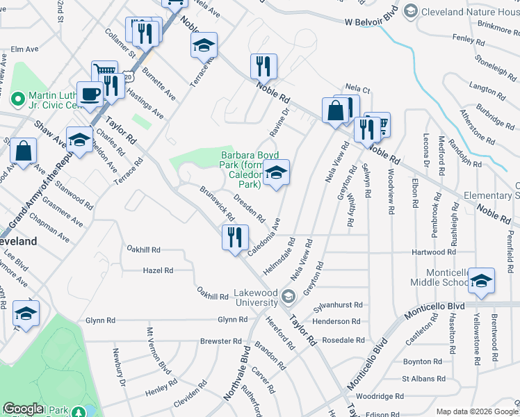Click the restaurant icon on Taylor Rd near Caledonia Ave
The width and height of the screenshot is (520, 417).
[235, 237]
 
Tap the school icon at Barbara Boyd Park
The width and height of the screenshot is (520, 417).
[276, 173]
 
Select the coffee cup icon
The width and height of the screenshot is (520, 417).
[89, 93]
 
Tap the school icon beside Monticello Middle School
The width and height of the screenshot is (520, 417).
[481, 280]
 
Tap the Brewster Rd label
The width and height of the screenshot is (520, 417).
[220, 341]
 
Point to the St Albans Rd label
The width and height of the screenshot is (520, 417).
[423, 379]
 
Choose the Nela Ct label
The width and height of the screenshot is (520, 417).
[357, 90]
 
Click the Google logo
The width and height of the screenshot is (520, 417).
[24, 409]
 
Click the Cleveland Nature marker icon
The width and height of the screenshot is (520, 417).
[411, 11]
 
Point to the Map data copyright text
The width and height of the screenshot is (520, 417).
[476, 411]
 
